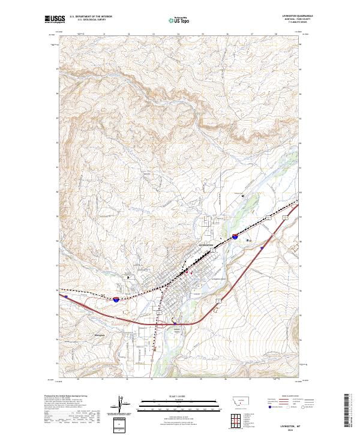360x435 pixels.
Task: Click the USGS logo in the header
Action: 55,19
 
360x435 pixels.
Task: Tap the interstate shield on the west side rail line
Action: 115,298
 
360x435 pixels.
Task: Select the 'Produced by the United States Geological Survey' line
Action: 59,397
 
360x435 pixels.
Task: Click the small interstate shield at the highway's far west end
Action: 67,295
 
